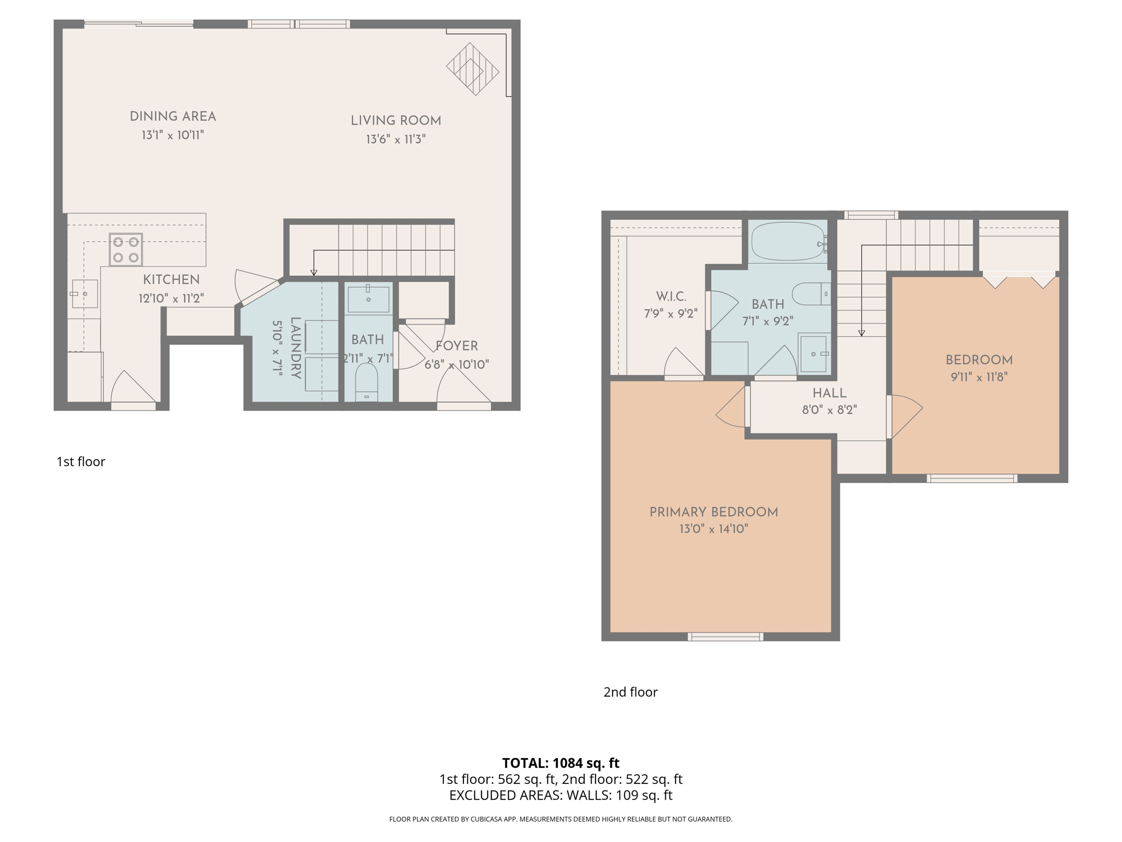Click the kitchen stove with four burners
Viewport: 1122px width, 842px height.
point(125,249)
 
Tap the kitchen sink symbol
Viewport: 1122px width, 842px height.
point(84,294)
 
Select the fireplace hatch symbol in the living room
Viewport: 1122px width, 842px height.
point(472,69)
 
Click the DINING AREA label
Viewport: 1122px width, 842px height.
point(173,116)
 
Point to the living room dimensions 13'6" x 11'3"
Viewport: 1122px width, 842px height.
point(396,139)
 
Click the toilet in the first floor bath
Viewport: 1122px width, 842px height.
point(367,382)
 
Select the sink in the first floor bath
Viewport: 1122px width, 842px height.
point(368,299)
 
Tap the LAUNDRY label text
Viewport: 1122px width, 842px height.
point(295,348)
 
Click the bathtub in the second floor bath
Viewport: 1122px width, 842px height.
point(788,241)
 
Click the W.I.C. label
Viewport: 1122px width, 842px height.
point(671,297)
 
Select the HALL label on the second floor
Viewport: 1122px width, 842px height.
point(829,393)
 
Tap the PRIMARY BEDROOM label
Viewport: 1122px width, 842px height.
point(713,512)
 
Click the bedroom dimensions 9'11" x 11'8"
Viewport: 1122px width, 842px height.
point(978,377)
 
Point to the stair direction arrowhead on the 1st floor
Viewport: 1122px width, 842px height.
point(314,272)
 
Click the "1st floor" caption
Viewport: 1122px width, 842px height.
point(81,462)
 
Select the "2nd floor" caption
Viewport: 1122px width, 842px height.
point(630,692)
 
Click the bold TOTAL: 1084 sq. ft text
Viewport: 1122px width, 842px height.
point(560,763)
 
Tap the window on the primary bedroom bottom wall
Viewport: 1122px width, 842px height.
point(725,636)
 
